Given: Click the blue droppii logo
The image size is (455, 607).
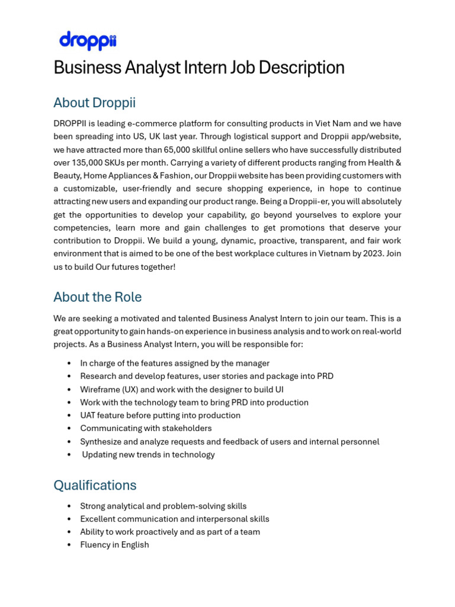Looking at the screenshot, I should (88, 41).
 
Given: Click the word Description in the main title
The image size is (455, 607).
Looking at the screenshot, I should (299, 68).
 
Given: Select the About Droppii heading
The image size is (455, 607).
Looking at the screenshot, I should (94, 103).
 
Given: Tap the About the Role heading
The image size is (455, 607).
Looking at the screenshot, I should (97, 297).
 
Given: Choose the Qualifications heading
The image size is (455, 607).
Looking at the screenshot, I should (95, 485).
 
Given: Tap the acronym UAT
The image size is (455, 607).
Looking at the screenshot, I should (88, 416).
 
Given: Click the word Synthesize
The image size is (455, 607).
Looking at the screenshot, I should (101, 442).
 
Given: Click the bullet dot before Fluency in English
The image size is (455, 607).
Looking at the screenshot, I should (70, 545).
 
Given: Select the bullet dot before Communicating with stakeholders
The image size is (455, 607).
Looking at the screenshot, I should (70, 429).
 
